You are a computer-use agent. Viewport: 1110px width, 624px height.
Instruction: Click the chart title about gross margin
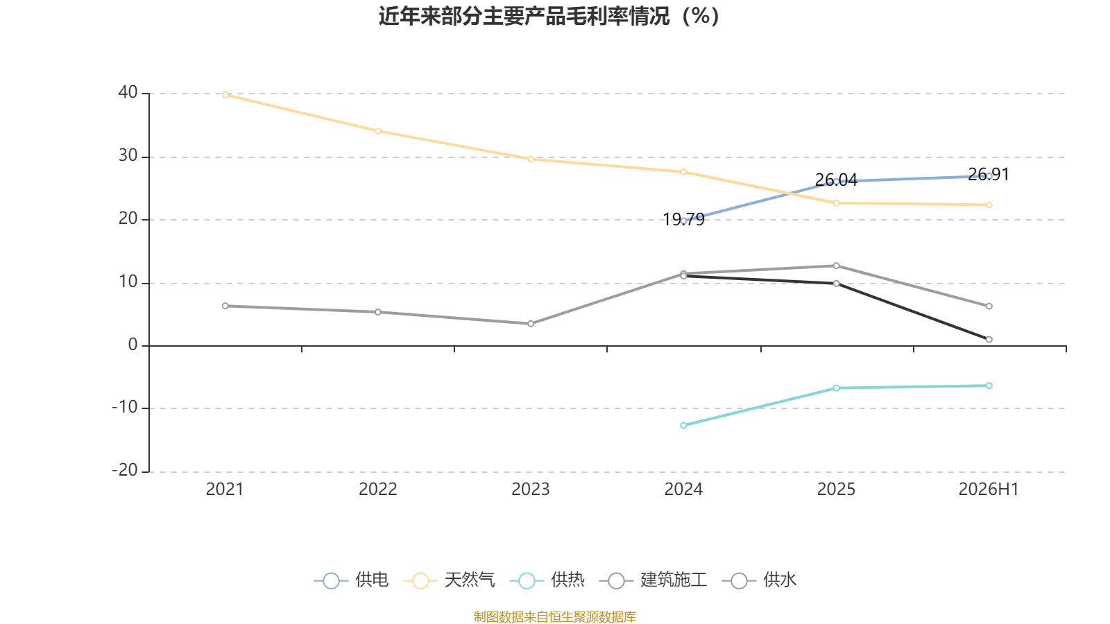pos(549,17)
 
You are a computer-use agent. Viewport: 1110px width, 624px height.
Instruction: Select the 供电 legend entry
pos(351,580)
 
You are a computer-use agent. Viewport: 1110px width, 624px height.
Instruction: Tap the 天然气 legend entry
pos(450,580)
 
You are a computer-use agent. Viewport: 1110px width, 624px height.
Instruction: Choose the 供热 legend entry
pos(547,580)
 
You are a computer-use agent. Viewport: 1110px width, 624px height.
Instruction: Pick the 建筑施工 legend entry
pos(653,580)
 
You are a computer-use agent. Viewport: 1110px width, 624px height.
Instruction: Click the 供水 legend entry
pos(760,580)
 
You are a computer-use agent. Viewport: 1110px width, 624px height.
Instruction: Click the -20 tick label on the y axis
pos(124,471)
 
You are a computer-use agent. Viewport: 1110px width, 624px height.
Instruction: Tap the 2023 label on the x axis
pos(531,489)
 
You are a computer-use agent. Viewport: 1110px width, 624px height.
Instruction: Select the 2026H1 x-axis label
pos(989,489)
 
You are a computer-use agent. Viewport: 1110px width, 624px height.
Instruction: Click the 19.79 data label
pos(684,219)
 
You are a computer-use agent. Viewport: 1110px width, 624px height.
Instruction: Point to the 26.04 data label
pos(837,180)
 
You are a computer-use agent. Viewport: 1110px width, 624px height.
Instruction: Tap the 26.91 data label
pos(989,174)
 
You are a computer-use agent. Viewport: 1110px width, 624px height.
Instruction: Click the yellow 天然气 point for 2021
pos(225,94)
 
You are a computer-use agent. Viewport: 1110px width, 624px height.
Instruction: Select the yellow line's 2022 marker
pos(378,131)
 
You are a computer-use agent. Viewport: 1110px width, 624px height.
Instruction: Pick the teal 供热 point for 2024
pos(684,426)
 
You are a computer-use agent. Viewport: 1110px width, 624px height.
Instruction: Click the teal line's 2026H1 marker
pos(989,385)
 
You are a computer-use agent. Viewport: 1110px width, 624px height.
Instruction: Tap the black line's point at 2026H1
pos(989,340)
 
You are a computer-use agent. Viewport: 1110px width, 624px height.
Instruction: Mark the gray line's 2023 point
pos(531,324)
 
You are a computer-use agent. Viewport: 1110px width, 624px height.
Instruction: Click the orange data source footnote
pos(554,616)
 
